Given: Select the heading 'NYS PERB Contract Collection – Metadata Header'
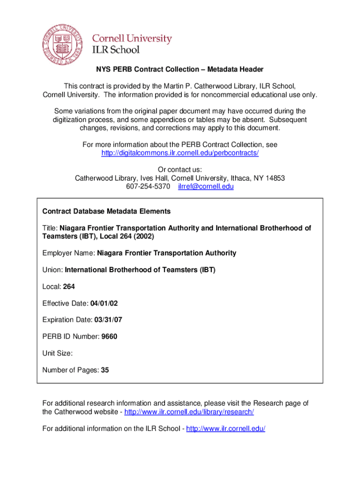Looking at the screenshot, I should [x=180, y=69].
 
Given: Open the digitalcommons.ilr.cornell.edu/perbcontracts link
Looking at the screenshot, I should [x=180, y=153].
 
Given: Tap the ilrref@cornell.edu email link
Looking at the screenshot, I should [x=206, y=187].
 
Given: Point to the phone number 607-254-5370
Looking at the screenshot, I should [x=148, y=187].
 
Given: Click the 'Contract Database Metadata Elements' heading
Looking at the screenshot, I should [x=107, y=211].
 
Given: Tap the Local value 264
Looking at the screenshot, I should [x=68, y=287].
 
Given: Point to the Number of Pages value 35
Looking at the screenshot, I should [x=105, y=370].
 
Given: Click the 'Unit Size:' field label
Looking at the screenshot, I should [x=58, y=354].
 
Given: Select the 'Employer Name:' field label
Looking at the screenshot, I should [x=69, y=253].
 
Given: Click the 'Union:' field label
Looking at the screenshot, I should [x=52, y=270].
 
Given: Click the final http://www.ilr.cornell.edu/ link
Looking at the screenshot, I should [x=226, y=428].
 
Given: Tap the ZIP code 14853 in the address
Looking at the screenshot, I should [x=275, y=178].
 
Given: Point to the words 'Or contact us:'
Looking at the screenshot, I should [x=180, y=170].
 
